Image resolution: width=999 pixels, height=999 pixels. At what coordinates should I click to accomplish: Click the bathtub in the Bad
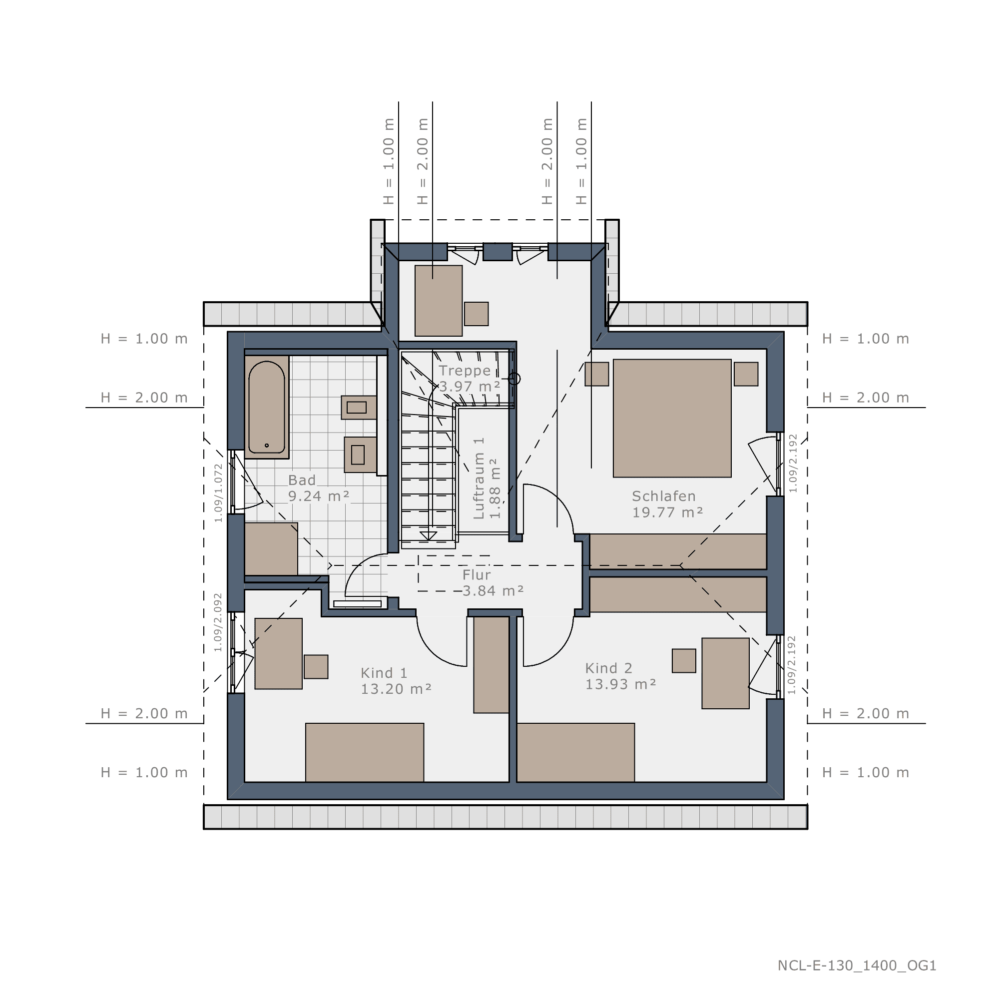point(266,407)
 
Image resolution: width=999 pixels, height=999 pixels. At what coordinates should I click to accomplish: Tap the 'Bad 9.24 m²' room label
point(319,488)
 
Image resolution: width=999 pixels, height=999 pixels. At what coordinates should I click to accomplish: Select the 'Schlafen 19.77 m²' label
point(667,504)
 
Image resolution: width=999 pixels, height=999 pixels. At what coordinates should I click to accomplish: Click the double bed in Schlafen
point(672,418)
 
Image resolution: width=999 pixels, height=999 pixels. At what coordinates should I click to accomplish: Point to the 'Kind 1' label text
point(384,673)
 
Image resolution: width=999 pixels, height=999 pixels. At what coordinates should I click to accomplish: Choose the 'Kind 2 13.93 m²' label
point(620,676)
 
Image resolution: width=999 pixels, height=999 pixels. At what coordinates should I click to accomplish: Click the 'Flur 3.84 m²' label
point(493,583)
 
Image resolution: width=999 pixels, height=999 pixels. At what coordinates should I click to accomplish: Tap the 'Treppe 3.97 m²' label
point(470,379)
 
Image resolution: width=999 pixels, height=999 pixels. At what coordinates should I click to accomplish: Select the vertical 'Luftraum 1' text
point(479,479)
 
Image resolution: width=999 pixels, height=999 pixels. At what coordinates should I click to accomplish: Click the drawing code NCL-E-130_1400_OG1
point(857,966)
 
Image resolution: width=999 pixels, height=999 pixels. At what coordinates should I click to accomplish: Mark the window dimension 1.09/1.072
point(218,493)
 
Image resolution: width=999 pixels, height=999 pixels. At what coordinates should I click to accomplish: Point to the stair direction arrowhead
point(428,535)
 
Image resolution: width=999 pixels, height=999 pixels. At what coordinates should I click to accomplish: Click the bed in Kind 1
point(365,752)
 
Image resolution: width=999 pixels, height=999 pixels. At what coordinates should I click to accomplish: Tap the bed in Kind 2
point(575,752)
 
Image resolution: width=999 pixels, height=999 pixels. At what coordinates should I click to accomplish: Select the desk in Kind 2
point(725,673)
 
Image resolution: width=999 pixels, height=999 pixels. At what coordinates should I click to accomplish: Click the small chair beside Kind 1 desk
point(316,666)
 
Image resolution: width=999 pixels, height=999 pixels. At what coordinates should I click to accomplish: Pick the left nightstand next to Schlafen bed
point(597,374)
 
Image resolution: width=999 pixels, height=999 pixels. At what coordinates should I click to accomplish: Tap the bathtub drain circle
point(267,445)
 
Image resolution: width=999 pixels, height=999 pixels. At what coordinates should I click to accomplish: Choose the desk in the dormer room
point(439,301)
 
